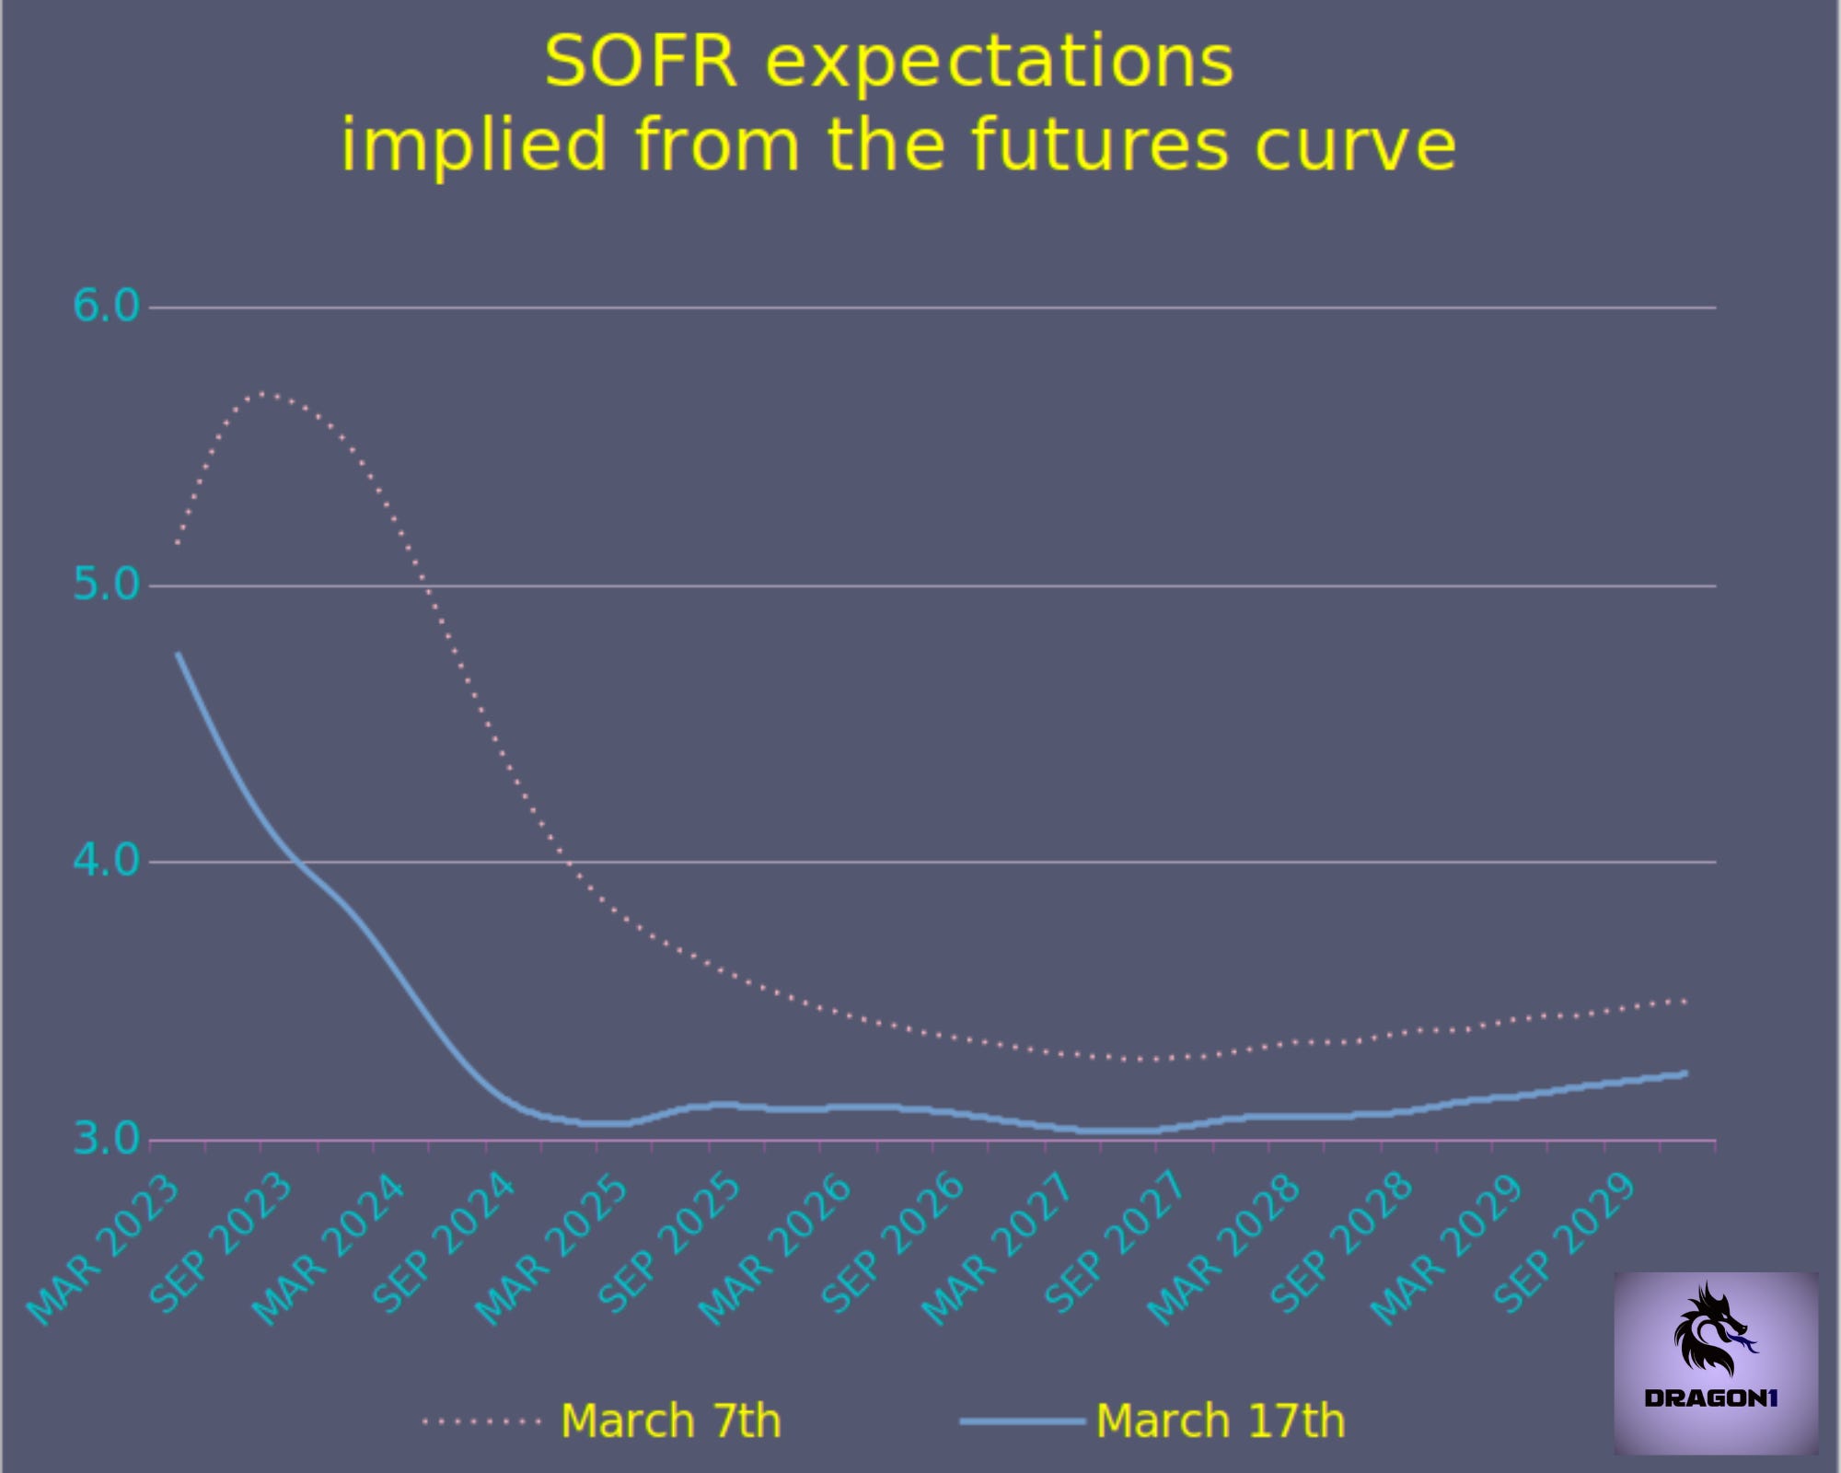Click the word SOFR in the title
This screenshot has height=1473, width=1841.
(x=641, y=63)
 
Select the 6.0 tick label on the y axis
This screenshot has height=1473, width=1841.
(x=106, y=306)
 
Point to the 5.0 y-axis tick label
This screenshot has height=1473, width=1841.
(x=106, y=585)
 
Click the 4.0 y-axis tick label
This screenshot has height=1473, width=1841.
(x=106, y=862)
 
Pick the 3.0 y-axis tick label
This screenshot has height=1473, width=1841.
(x=106, y=1140)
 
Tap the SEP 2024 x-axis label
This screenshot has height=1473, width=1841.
(x=443, y=1243)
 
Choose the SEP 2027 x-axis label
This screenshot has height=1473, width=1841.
(x=1117, y=1243)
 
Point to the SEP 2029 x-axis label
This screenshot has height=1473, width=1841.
(x=1565, y=1243)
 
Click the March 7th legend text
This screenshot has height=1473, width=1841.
(x=670, y=1421)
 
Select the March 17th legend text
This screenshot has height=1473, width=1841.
(x=1220, y=1421)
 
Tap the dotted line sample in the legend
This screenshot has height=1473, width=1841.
(x=481, y=1421)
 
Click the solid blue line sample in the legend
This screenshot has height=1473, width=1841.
(x=1022, y=1421)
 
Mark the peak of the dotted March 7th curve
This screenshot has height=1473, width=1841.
(x=263, y=393)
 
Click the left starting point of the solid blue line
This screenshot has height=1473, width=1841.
(x=178, y=655)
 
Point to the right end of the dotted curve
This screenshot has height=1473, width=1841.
(x=1685, y=1001)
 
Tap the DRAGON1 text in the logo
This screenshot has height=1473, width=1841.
(x=1711, y=1398)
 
